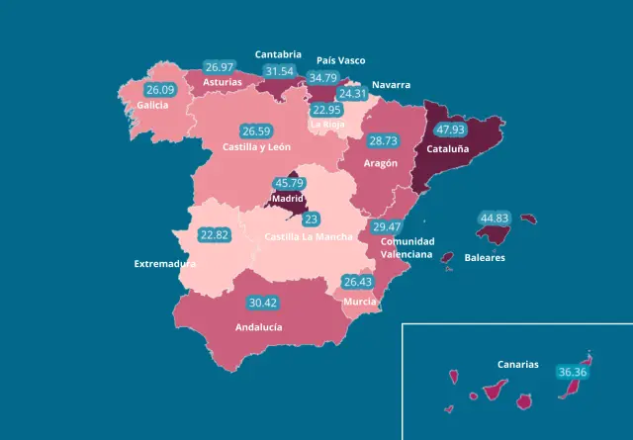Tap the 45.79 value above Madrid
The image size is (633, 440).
pyautogui.click(x=289, y=183)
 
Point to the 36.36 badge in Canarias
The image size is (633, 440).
pyautogui.click(x=572, y=373)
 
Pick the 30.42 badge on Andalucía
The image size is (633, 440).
pyautogui.click(x=263, y=303)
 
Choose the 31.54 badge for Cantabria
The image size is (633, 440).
pyautogui.click(x=280, y=71)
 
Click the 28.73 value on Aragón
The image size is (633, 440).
pyautogui.click(x=383, y=141)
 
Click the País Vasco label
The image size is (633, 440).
pyautogui.click(x=341, y=60)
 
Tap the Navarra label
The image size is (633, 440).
pyautogui.click(x=392, y=85)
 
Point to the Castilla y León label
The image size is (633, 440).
pyautogui.click(x=256, y=147)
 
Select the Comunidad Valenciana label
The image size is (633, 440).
pyautogui.click(x=407, y=248)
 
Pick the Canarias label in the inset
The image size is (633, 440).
pyautogui.click(x=518, y=365)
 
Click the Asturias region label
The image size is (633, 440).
pyautogui.click(x=222, y=82)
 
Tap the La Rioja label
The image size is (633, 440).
pyautogui.click(x=327, y=125)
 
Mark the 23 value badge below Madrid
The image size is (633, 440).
pyautogui.click(x=311, y=220)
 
